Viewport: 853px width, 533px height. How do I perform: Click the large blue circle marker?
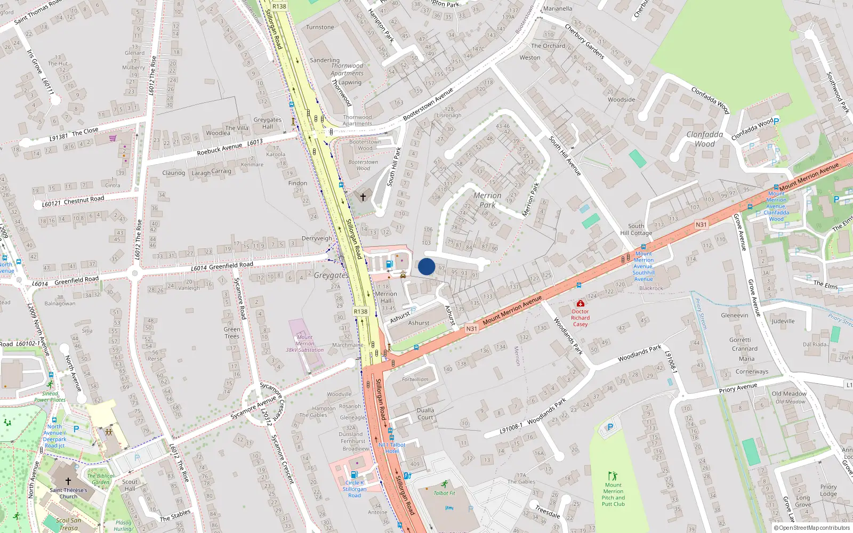[426, 266]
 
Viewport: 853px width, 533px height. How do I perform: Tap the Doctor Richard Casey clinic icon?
[581, 303]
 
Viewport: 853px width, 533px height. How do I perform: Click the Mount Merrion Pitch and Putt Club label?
[613, 495]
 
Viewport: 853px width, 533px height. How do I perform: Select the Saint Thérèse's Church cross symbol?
[68, 481]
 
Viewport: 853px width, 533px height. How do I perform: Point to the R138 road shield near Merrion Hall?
[360, 311]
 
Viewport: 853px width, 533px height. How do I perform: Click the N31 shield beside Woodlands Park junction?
[471, 329]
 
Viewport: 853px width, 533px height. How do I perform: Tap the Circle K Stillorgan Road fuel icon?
[354, 474]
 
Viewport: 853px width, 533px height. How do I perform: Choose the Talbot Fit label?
[444, 493]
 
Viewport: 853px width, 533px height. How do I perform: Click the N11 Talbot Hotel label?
[392, 448]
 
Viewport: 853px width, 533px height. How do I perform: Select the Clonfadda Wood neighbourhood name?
[704, 139]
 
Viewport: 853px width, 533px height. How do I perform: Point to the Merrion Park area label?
[487, 200]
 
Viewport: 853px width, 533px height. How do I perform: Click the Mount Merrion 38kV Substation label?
[304, 343]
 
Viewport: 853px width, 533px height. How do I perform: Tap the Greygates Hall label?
[267, 123]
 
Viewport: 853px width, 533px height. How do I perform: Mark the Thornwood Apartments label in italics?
[347, 70]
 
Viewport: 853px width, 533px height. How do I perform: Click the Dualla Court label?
[425, 414]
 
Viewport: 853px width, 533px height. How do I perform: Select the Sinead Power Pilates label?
[50, 397]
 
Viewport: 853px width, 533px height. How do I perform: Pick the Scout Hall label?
[130, 485]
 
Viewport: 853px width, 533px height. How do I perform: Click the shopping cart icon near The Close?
[112, 138]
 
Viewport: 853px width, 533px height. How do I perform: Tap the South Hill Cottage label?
[636, 229]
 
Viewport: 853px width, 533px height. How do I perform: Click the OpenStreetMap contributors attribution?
[812, 528]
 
